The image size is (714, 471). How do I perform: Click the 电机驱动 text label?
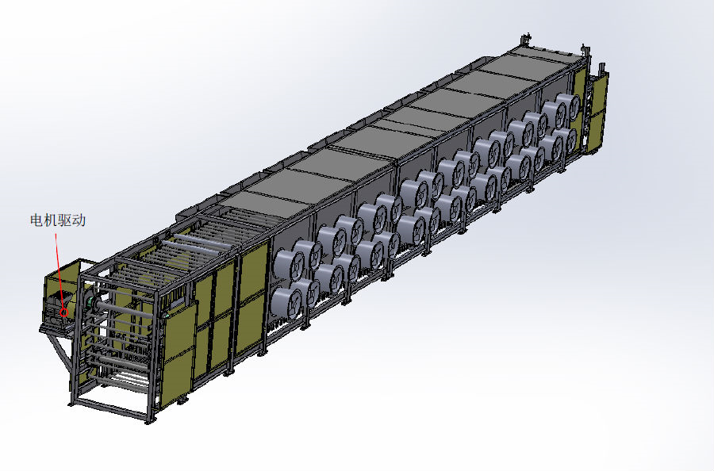point(58,220)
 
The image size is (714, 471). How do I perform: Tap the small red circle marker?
point(64,312)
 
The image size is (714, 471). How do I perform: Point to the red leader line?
point(59,270)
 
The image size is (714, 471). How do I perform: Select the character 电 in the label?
point(36,220)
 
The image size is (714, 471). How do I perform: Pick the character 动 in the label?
point(79,220)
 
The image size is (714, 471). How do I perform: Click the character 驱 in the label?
point(65,220)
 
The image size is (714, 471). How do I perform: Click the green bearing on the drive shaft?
point(90,301)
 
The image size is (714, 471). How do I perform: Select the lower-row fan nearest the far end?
point(566,140)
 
